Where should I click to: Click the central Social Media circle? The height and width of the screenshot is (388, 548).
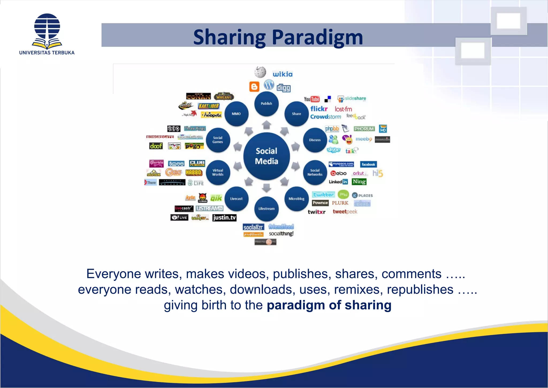click(x=267, y=156)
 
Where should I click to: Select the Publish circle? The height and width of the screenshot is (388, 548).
click(x=267, y=104)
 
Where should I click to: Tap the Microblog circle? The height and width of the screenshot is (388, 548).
click(x=296, y=199)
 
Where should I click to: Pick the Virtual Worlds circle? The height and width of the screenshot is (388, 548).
click(x=218, y=172)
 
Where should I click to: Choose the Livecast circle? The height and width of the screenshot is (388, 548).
click(x=236, y=199)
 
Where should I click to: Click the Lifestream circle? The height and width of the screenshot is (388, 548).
click(x=267, y=209)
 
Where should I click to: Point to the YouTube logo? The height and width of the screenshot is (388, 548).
click(x=312, y=99)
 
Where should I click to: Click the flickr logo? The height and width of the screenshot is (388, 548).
click(x=319, y=109)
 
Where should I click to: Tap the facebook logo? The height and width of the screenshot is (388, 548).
click(x=368, y=164)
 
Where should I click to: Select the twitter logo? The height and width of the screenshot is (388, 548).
click(x=323, y=195)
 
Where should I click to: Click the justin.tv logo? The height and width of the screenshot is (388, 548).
click(x=224, y=218)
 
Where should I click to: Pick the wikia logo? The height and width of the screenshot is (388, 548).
click(x=283, y=74)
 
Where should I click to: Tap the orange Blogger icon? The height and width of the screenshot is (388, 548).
click(x=254, y=87)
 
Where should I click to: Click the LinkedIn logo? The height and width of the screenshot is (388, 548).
click(x=338, y=182)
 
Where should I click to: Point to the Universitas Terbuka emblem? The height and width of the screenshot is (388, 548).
click(x=47, y=31)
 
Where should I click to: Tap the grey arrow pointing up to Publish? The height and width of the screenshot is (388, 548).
click(x=267, y=125)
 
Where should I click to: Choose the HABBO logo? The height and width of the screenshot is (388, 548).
click(x=194, y=173)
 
